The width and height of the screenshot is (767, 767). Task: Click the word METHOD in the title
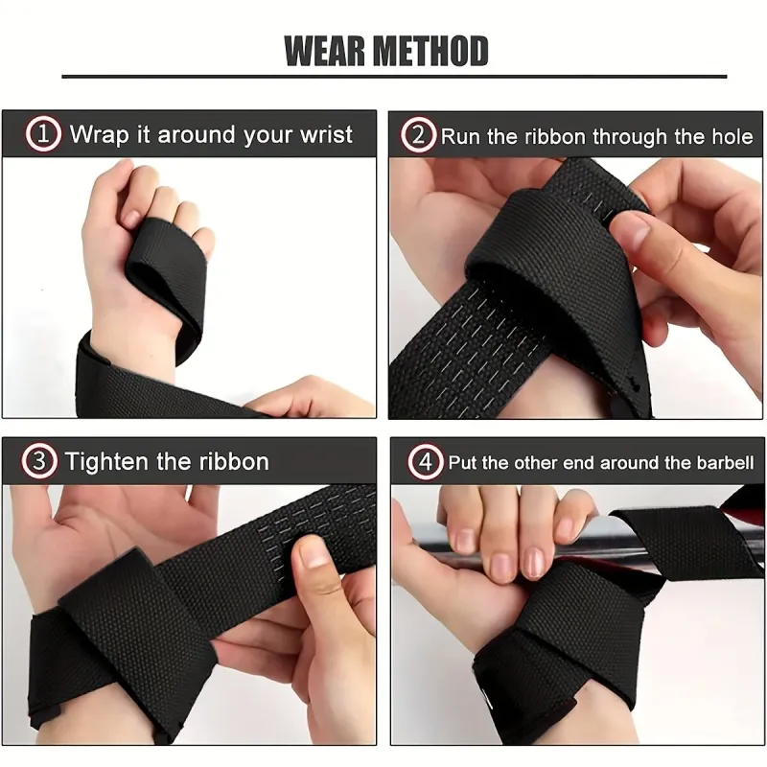[x=430, y=51]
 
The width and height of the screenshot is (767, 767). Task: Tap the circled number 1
[x=43, y=133]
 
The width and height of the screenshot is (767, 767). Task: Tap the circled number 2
[x=418, y=134]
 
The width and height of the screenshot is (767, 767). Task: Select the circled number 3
[x=38, y=461]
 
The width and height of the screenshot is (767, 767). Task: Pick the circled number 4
[x=425, y=462]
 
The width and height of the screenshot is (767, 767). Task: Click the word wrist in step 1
[x=326, y=134]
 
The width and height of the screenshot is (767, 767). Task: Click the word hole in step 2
[x=732, y=136]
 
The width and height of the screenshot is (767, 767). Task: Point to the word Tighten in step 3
[x=106, y=462]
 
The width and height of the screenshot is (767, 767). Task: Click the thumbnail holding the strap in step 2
[x=631, y=228]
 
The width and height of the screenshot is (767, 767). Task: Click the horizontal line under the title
[x=394, y=77]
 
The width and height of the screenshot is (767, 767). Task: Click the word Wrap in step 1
[x=100, y=135]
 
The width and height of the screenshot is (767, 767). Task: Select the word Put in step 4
[x=463, y=463]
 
